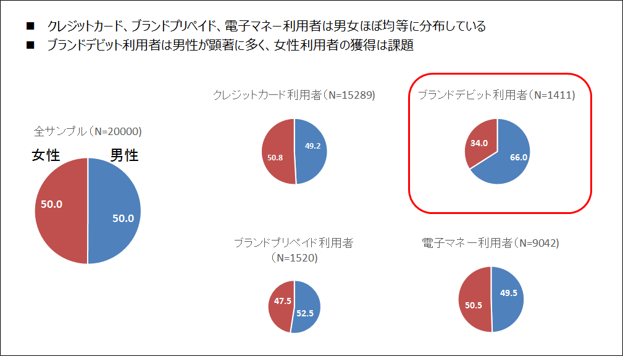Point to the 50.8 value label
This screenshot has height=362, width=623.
276,158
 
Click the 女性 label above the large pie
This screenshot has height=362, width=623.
46,155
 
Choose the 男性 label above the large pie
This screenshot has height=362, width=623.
123,155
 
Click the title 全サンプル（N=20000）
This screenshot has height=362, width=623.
88,131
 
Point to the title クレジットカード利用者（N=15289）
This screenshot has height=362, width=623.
294,95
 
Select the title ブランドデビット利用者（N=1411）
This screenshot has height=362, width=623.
496,95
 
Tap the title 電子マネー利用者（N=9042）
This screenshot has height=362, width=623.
490,243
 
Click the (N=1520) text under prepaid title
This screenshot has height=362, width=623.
294,258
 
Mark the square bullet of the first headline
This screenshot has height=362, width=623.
30,27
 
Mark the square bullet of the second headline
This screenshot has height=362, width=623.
30,46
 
